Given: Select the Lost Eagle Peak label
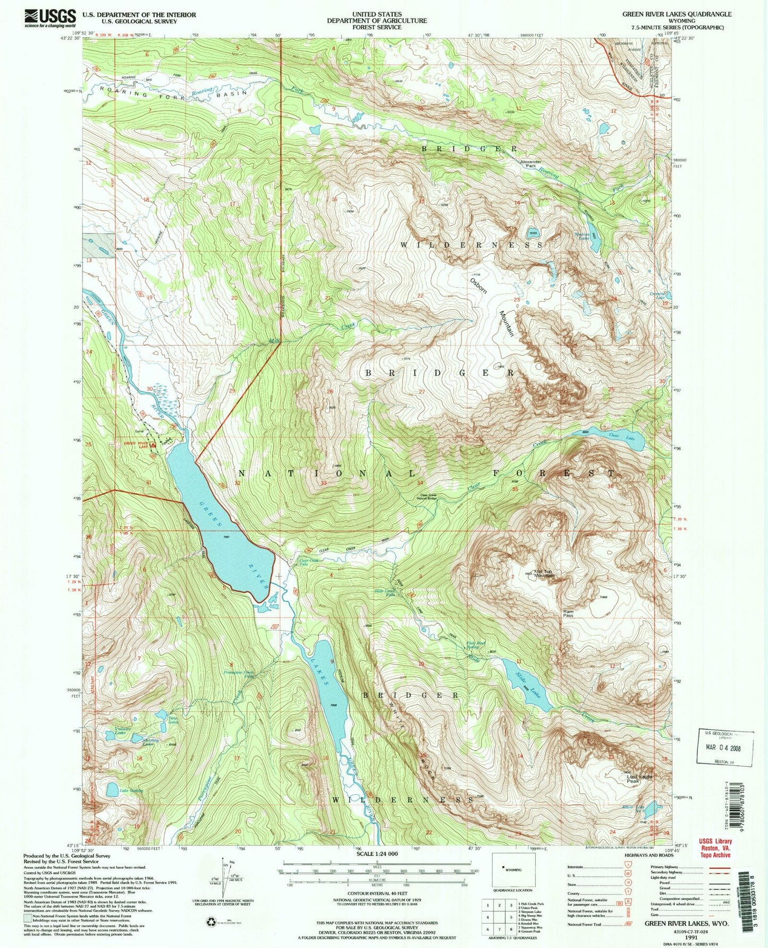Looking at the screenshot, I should [640, 779].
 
